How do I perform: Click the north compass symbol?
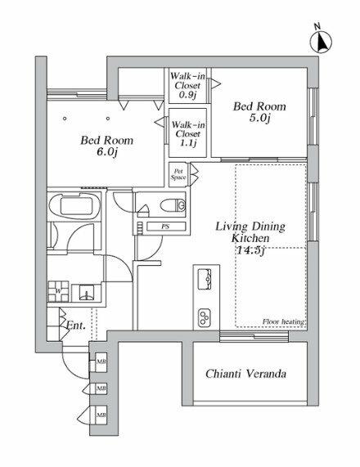point(321,39)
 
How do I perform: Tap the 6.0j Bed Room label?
point(106,146)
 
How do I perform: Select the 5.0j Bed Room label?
point(259,112)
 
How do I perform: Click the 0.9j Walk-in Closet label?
point(187,86)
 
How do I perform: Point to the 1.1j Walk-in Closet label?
point(188,134)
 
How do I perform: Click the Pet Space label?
point(178,174)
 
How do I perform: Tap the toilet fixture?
point(173,205)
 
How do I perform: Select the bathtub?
point(75,205)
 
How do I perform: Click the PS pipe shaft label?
point(166,227)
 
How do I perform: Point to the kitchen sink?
point(205,279)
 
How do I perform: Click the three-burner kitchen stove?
point(205,317)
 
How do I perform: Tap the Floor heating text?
point(283,321)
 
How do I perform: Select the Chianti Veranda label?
point(245,374)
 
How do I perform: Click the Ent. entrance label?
point(76,326)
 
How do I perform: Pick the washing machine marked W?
point(58,291)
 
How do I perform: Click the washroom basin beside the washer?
point(87,293)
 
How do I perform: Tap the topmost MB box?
point(101,361)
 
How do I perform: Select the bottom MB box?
point(101,415)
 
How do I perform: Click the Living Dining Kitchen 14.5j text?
point(250,238)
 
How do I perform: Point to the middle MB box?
point(101,388)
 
